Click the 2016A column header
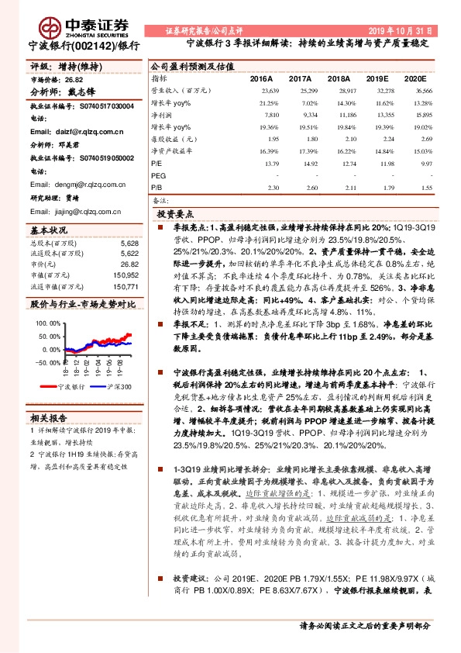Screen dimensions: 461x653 coord(261,79)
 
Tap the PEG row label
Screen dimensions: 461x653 coord(159,176)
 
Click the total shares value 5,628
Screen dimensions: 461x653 coord(129,243)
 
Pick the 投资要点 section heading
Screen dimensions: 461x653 coord(176,212)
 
